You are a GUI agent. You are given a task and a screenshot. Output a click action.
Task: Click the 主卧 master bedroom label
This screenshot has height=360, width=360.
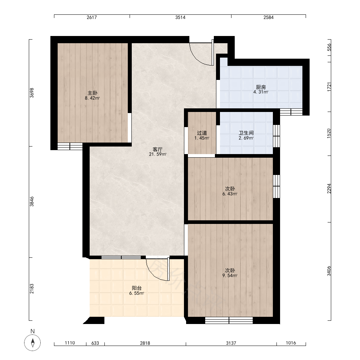(x=92, y=93)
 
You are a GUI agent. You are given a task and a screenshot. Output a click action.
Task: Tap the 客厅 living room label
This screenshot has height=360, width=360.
(x=158, y=149)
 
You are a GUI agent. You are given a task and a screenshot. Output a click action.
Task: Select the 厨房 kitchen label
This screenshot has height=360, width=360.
(x=261, y=87)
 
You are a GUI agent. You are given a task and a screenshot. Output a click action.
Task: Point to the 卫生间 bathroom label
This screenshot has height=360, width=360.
(x=246, y=133)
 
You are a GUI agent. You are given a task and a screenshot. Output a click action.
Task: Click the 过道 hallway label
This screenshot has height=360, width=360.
(x=202, y=133)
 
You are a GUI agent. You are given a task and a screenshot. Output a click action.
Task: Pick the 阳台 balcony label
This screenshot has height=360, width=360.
(x=136, y=288)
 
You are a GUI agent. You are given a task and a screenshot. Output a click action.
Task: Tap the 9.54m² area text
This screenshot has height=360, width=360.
(x=230, y=275)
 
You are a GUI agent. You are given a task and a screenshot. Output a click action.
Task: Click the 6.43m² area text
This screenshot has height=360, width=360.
(x=230, y=194)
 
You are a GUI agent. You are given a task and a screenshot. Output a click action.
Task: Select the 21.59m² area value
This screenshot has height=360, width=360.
(x=158, y=154)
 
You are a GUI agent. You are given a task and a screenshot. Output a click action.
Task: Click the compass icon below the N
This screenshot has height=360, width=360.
(x=33, y=343)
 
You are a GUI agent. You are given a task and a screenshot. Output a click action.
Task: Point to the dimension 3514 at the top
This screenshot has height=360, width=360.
(x=180, y=17)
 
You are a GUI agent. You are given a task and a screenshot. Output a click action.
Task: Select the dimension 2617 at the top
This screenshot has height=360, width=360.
(x=91, y=17)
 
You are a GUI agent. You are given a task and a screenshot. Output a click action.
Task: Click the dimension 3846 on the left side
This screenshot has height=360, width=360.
(x=32, y=202)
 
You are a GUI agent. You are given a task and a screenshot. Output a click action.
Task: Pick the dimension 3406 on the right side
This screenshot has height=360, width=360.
(x=329, y=271)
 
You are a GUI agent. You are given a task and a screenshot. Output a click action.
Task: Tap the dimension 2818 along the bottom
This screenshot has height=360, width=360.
(x=145, y=343)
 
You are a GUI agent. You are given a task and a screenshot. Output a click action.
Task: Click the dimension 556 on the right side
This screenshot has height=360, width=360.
(x=329, y=47)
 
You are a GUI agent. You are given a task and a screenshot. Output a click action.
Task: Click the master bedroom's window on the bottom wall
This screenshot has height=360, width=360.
(x=70, y=146)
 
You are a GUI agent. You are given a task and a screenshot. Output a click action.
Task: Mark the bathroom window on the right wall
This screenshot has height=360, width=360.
(x=276, y=136)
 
